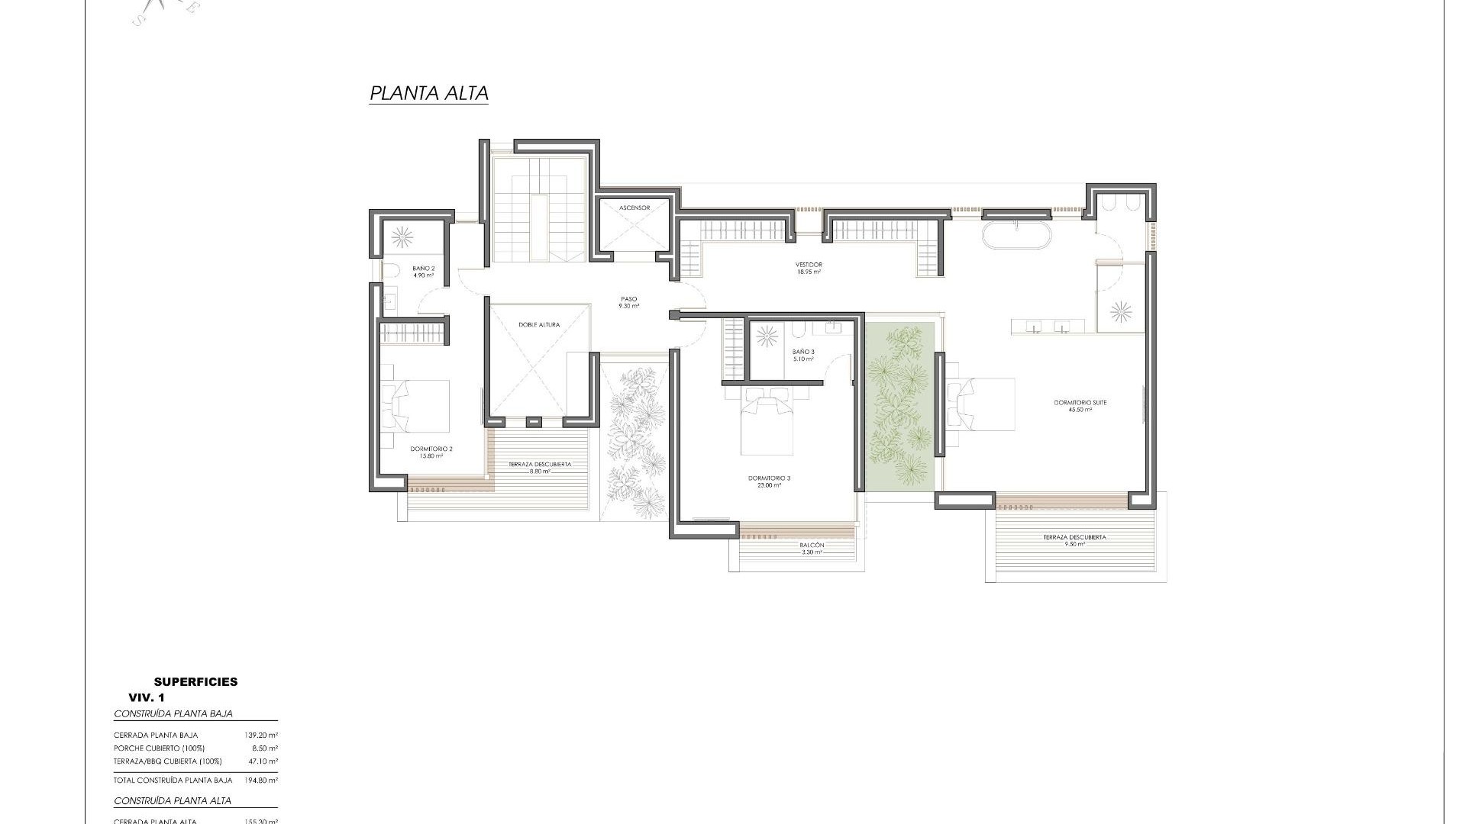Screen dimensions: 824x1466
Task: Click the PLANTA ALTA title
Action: pyautogui.click(x=428, y=94)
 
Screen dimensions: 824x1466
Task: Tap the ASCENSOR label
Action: pyautogui.click(x=635, y=208)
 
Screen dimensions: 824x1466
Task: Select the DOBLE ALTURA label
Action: pyautogui.click(x=539, y=325)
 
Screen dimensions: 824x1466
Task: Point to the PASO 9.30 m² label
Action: pyautogui.click(x=628, y=302)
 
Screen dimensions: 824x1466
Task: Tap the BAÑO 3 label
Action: pyautogui.click(x=803, y=355)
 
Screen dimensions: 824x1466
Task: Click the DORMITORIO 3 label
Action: pyautogui.click(x=769, y=481)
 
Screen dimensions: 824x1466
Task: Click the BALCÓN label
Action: pyautogui.click(x=812, y=548)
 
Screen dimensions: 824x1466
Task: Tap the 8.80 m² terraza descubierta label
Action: pyautogui.click(x=539, y=468)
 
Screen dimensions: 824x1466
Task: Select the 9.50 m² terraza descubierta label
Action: pyautogui.click(x=1074, y=541)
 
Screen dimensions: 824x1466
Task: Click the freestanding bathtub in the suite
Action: pyautogui.click(x=1016, y=236)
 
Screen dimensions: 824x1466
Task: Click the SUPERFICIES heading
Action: pyautogui.click(x=195, y=682)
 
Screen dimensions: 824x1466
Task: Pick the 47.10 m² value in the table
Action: pyautogui.click(x=261, y=761)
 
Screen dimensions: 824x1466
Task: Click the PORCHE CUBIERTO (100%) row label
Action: pyautogui.click(x=159, y=748)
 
